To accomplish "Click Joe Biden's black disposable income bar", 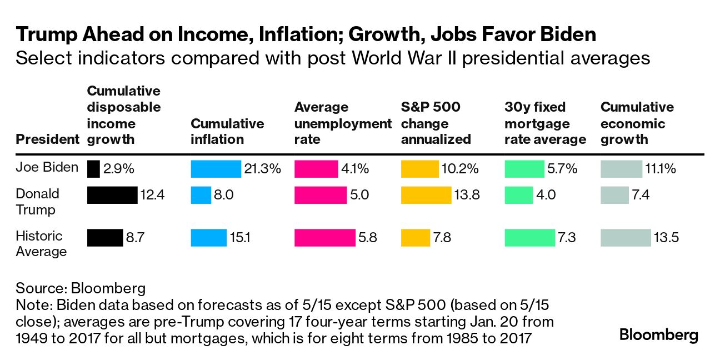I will click(x=93, y=169).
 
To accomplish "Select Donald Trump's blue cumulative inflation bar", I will click(x=201, y=195).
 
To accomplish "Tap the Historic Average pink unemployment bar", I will click(x=324, y=238).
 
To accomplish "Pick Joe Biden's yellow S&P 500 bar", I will click(x=419, y=169).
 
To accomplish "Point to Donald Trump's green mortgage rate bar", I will click(x=518, y=195).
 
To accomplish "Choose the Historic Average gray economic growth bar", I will click(x=626, y=238).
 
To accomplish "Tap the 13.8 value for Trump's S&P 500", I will click(x=467, y=195).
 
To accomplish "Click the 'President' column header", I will click(x=47, y=139).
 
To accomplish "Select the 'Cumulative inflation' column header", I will click(x=227, y=131).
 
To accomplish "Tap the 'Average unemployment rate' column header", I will click(x=342, y=123).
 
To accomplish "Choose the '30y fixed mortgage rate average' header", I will click(x=545, y=123).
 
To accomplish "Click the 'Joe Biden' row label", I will click(x=47, y=167).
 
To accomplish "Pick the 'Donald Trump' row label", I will click(x=37, y=202).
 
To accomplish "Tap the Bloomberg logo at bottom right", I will click(x=659, y=335).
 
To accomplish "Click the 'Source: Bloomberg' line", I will click(x=81, y=288).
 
